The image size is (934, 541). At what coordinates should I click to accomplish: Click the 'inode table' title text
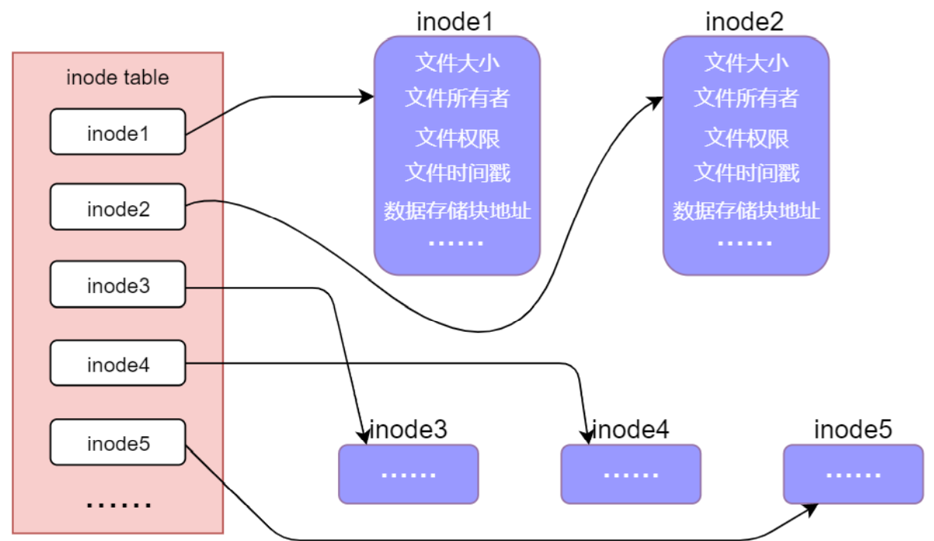click(x=117, y=78)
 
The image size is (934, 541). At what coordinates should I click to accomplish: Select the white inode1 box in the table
click(x=117, y=132)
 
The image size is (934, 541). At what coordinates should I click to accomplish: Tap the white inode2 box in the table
click(x=117, y=208)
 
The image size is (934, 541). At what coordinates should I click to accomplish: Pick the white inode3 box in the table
click(x=117, y=285)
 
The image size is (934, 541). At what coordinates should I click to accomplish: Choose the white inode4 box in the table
click(x=117, y=363)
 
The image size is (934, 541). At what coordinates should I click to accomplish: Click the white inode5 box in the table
click(x=117, y=443)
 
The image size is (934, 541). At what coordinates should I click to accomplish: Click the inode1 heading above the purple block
click(x=455, y=21)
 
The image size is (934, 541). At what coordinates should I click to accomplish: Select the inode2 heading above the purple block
click(x=744, y=21)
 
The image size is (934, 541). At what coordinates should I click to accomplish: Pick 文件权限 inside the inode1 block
click(x=457, y=138)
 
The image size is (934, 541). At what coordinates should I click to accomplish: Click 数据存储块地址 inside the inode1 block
click(x=457, y=211)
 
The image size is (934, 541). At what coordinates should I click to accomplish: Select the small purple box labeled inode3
click(x=409, y=473)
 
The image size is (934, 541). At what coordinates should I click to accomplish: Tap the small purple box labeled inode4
click(x=630, y=473)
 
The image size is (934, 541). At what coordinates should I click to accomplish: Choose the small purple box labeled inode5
click(x=852, y=473)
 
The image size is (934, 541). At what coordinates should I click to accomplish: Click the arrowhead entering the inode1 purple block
click(x=367, y=97)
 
